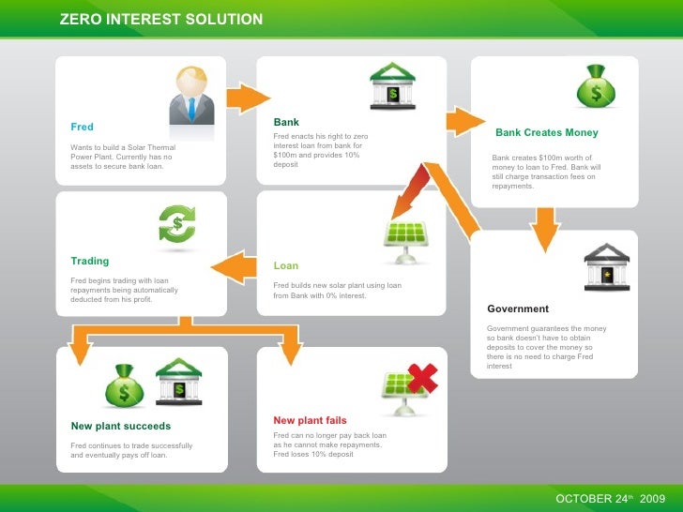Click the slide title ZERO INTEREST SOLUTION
pos(160,20)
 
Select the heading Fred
pos(82,127)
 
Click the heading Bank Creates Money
pos(546,133)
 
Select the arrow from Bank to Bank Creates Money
pos(463,120)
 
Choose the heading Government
pos(518,309)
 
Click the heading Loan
pos(286,265)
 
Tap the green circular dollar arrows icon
pos(177,226)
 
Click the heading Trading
pos(90,261)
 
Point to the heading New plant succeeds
pos(121,426)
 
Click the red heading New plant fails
pos(310,420)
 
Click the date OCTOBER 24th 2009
pos(610,497)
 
